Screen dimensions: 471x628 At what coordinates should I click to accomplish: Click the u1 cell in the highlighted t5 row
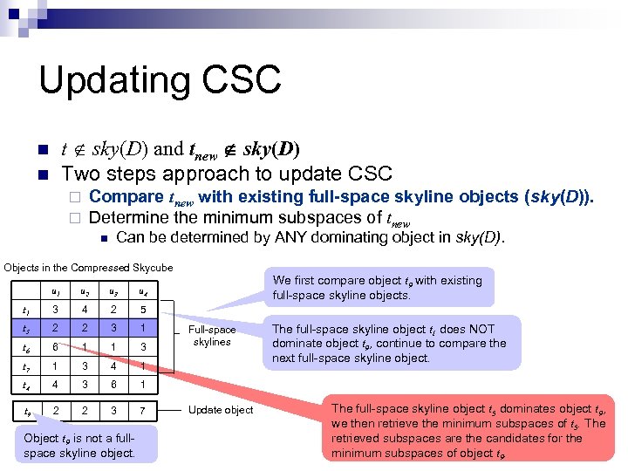(x=56, y=327)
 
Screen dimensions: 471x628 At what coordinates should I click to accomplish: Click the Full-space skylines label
(x=212, y=336)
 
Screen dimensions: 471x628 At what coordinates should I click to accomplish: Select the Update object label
(x=221, y=410)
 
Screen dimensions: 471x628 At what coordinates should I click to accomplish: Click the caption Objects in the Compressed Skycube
(x=87, y=267)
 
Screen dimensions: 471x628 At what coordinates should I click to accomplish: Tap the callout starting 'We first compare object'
(x=379, y=288)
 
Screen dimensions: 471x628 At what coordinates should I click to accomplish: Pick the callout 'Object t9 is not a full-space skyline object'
(x=85, y=445)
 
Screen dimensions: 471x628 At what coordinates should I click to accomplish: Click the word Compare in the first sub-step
(x=126, y=196)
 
